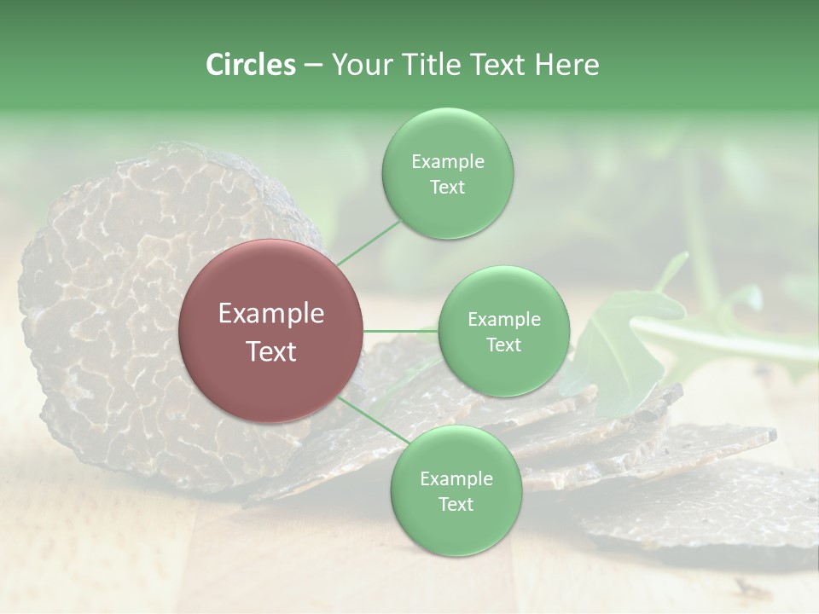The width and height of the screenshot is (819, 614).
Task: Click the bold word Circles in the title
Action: pyautogui.click(x=250, y=65)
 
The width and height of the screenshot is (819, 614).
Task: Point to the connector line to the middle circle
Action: pyautogui.click(x=401, y=331)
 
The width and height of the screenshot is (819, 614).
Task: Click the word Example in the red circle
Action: pyautogui.click(x=271, y=314)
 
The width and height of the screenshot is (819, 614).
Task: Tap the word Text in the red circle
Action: pyautogui.click(x=271, y=351)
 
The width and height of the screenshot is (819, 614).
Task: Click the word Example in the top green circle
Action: pyautogui.click(x=447, y=161)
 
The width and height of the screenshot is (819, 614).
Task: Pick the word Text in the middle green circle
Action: pyautogui.click(x=503, y=345)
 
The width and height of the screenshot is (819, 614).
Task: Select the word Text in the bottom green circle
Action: pyautogui.click(x=456, y=504)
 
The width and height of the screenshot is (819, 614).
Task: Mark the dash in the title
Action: pyautogui.click(x=312, y=66)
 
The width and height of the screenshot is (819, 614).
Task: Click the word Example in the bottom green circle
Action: pyautogui.click(x=456, y=478)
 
